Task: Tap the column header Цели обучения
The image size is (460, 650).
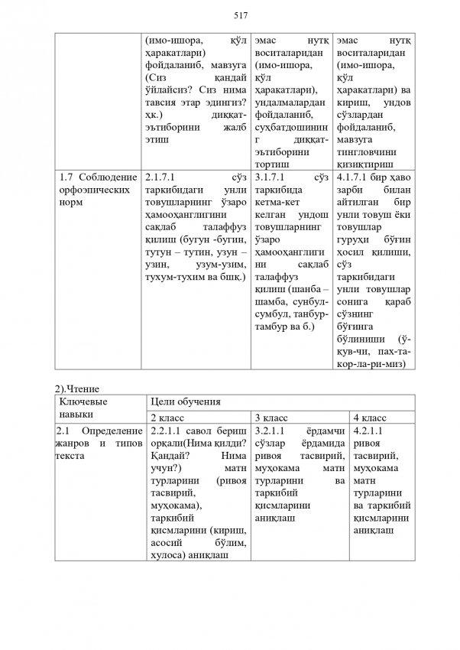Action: coord(186,402)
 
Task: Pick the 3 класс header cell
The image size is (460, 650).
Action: coord(271,418)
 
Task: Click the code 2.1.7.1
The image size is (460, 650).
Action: coord(160,178)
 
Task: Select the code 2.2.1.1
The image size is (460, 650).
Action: coord(165,432)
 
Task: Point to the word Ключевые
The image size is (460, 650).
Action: coord(83,402)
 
